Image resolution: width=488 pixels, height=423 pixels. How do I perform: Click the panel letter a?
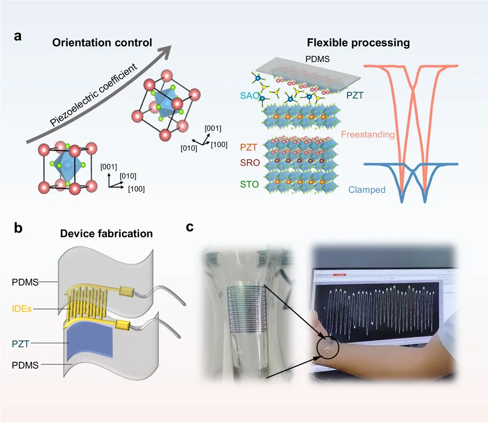coord(18,36)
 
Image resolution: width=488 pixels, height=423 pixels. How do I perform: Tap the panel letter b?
coord(18,228)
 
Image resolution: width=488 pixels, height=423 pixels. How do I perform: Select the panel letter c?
coord(190,227)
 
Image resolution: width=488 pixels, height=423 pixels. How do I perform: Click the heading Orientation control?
coord(102,42)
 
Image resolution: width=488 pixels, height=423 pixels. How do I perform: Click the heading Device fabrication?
coord(106,233)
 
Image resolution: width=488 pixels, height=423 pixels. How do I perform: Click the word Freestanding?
coord(368,135)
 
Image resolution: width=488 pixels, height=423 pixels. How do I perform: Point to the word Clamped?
coord(366,190)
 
